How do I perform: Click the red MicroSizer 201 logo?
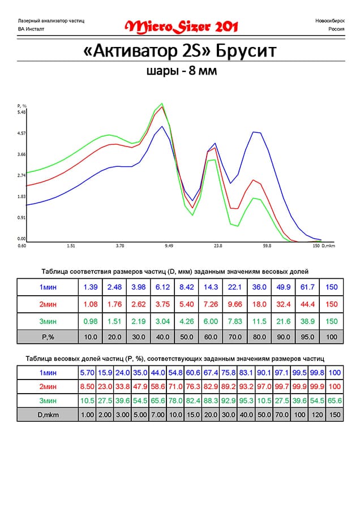[x=181, y=26]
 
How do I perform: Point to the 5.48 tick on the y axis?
[x=22, y=112]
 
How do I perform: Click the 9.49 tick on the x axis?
[x=169, y=247]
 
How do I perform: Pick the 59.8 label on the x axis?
[x=267, y=247]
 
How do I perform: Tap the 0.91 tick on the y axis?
[x=22, y=218]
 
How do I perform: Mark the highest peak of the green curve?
[x=162, y=103]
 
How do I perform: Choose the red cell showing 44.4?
[x=307, y=304]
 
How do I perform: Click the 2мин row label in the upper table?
[x=47, y=304]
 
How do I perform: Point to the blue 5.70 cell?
[x=88, y=373]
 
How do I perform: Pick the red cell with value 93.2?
[x=247, y=387]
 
